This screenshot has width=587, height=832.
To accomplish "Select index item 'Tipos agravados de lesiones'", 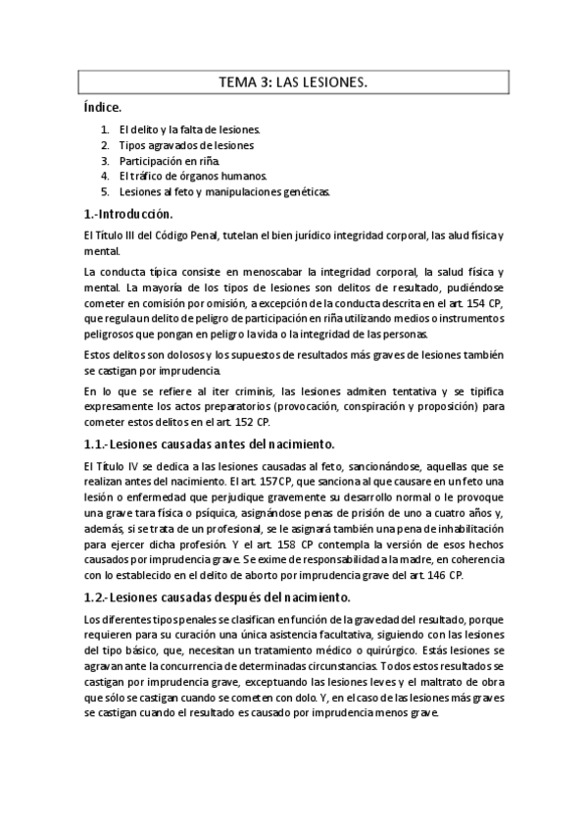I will pos(186,145).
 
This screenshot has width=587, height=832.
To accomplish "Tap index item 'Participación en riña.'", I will pos(171,160).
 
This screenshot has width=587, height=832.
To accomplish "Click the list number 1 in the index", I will pos(104,130).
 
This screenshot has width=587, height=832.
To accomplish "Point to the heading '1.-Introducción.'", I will pos(128,214).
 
